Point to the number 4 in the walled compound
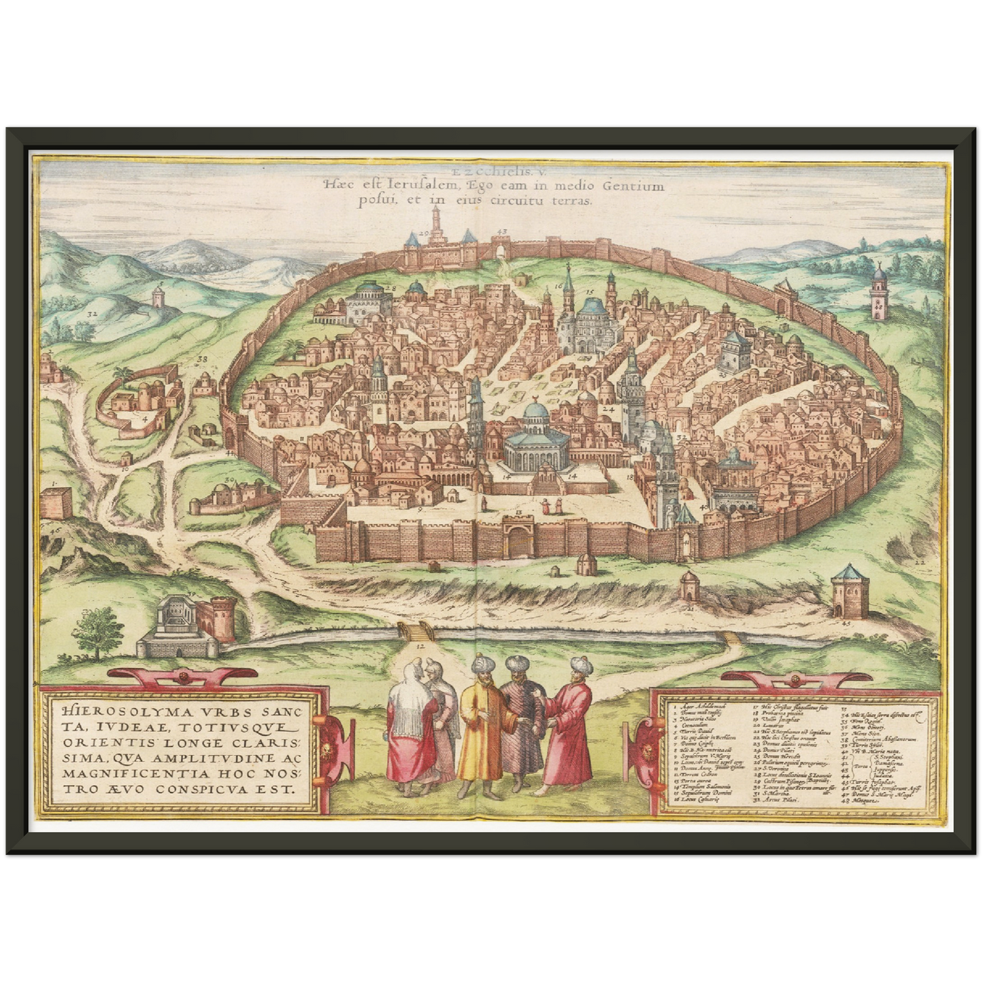pos(144,420)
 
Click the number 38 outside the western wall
pos(202,359)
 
